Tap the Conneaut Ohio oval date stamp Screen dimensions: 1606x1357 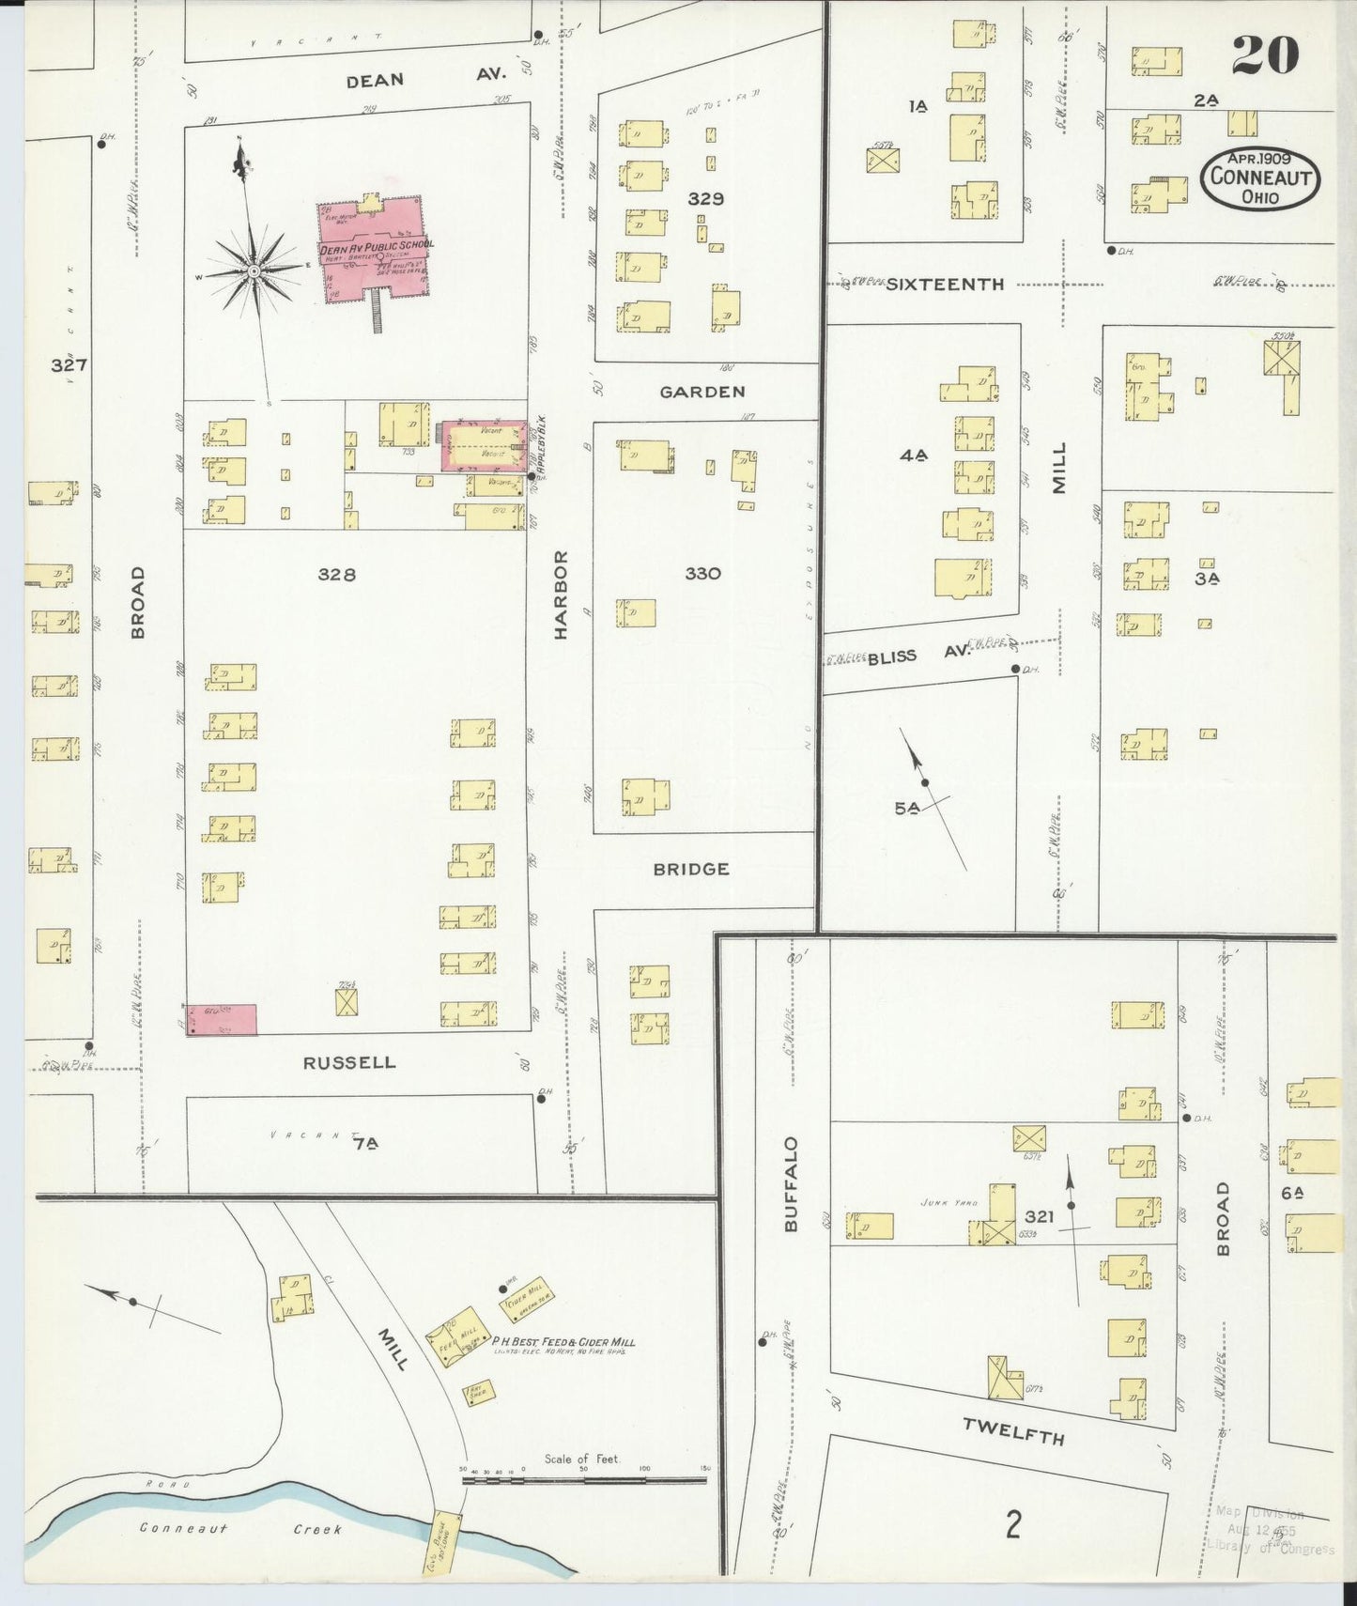pyautogui.click(x=1259, y=178)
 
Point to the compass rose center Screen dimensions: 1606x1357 pyautogui.click(x=254, y=271)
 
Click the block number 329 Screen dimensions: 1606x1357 pyautogui.click(x=705, y=199)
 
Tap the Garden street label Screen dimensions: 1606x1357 pyautogui.click(x=702, y=392)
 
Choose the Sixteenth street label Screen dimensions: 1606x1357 pyautogui.click(x=945, y=284)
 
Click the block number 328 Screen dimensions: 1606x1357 pyautogui.click(x=336, y=574)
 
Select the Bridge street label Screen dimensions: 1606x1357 pyautogui.click(x=691, y=869)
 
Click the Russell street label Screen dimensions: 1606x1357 pyautogui.click(x=348, y=1062)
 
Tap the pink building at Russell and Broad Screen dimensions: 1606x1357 pyautogui.click(x=222, y=1019)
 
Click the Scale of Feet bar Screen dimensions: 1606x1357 pyautogui.click(x=584, y=1481)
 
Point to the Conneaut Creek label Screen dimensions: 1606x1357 pyautogui.click(x=240, y=1528)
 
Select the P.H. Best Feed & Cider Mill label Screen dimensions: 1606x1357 pyautogui.click(x=563, y=1342)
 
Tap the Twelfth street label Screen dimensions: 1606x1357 pyautogui.click(x=1013, y=1431)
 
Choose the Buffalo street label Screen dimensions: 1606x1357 pyautogui.click(x=791, y=1184)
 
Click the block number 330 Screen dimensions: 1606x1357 pyautogui.click(x=702, y=573)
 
